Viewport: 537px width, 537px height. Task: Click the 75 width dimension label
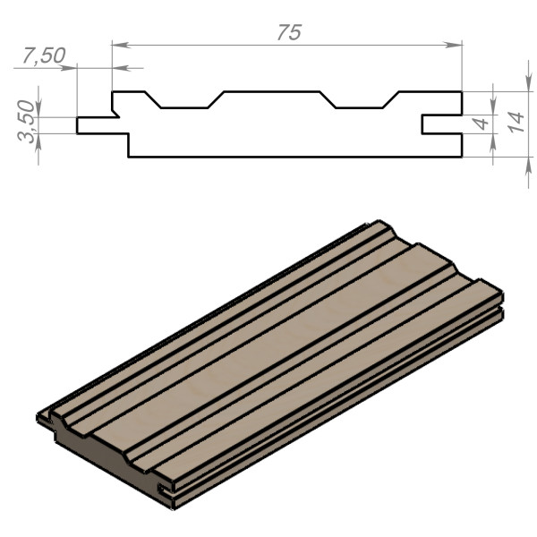[289, 32]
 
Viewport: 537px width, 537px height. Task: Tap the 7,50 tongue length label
[44, 55]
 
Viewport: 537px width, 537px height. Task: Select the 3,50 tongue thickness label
[27, 121]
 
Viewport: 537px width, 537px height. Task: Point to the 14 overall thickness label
[516, 123]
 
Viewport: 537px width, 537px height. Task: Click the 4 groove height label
[482, 124]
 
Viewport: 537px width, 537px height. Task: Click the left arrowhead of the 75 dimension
[121, 45]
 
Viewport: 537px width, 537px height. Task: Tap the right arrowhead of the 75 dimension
[454, 45]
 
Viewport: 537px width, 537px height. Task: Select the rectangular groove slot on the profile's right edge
[442, 124]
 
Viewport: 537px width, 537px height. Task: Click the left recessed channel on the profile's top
[184, 101]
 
